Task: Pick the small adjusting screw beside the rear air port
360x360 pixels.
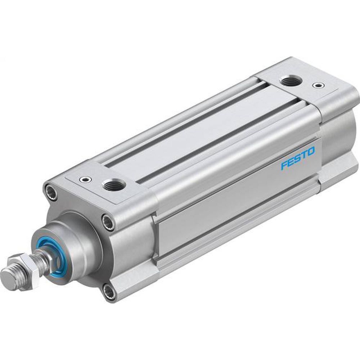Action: [x=316, y=85]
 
